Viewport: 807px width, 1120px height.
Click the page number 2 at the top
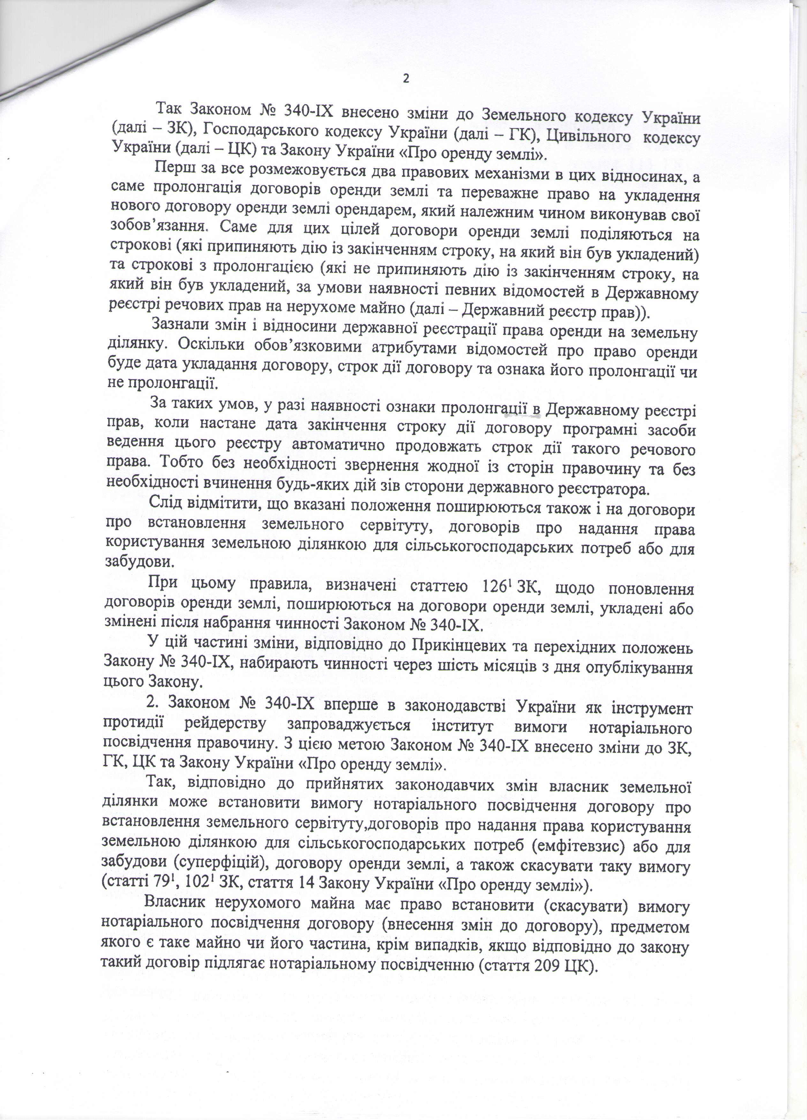406,79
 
